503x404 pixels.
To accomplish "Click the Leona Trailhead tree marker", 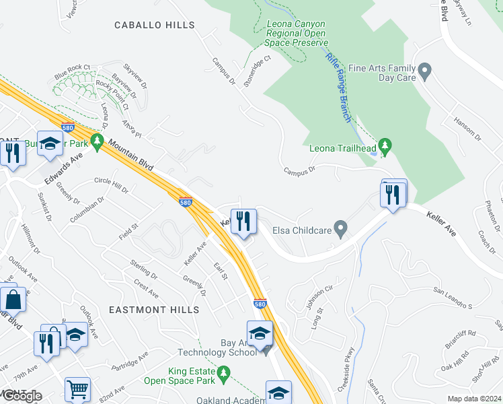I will (385, 145).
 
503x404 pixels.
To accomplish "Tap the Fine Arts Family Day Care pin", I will (424, 71).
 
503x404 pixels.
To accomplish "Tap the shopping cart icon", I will (77, 389).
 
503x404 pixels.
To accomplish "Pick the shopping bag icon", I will (13, 298).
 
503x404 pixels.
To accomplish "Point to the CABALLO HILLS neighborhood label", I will (155, 26).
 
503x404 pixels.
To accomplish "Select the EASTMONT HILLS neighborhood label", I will (155, 310).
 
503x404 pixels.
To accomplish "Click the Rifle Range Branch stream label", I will (338, 87).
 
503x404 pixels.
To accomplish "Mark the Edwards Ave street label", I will (64, 165).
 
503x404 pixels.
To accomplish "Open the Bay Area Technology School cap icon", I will (260, 333).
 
